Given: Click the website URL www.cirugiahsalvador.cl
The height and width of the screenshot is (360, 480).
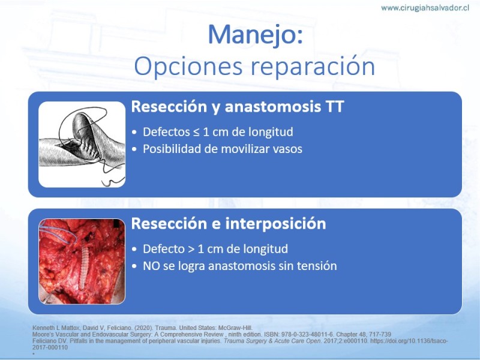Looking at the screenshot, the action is click(x=425, y=8).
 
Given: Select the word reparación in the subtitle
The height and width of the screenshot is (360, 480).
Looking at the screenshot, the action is click(x=313, y=66).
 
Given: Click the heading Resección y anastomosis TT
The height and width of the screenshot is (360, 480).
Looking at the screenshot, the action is click(x=238, y=107).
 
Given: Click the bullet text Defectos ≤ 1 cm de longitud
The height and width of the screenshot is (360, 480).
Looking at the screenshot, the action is click(x=218, y=132).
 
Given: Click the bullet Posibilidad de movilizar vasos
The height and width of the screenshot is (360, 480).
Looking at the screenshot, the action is click(x=223, y=149).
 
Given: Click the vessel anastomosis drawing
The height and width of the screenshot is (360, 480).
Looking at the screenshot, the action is click(x=82, y=145).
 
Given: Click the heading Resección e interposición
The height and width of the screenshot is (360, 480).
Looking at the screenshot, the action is click(x=229, y=223).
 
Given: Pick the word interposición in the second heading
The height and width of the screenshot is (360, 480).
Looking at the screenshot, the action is click(x=275, y=224).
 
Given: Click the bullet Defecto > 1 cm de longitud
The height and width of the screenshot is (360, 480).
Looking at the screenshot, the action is click(x=215, y=249).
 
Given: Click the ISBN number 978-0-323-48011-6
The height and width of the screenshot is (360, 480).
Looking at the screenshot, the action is click(x=310, y=334).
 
